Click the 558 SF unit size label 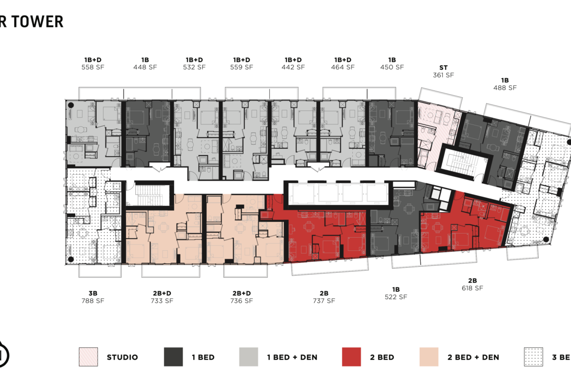point(93,67)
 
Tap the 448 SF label point(145,67)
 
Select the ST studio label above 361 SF point(443,68)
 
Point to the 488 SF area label point(505,88)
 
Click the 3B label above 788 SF point(93,293)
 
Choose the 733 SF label point(162,301)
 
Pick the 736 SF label point(241,301)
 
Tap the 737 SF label point(324,301)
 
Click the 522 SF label point(395,297)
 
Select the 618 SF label point(472,288)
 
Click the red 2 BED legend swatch point(351,357)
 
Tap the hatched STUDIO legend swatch point(88,357)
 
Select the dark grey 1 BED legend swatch point(173,357)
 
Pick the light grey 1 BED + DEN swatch point(248,357)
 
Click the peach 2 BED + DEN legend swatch point(429,357)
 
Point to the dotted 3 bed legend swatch point(532,357)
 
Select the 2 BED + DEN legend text point(473,357)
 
